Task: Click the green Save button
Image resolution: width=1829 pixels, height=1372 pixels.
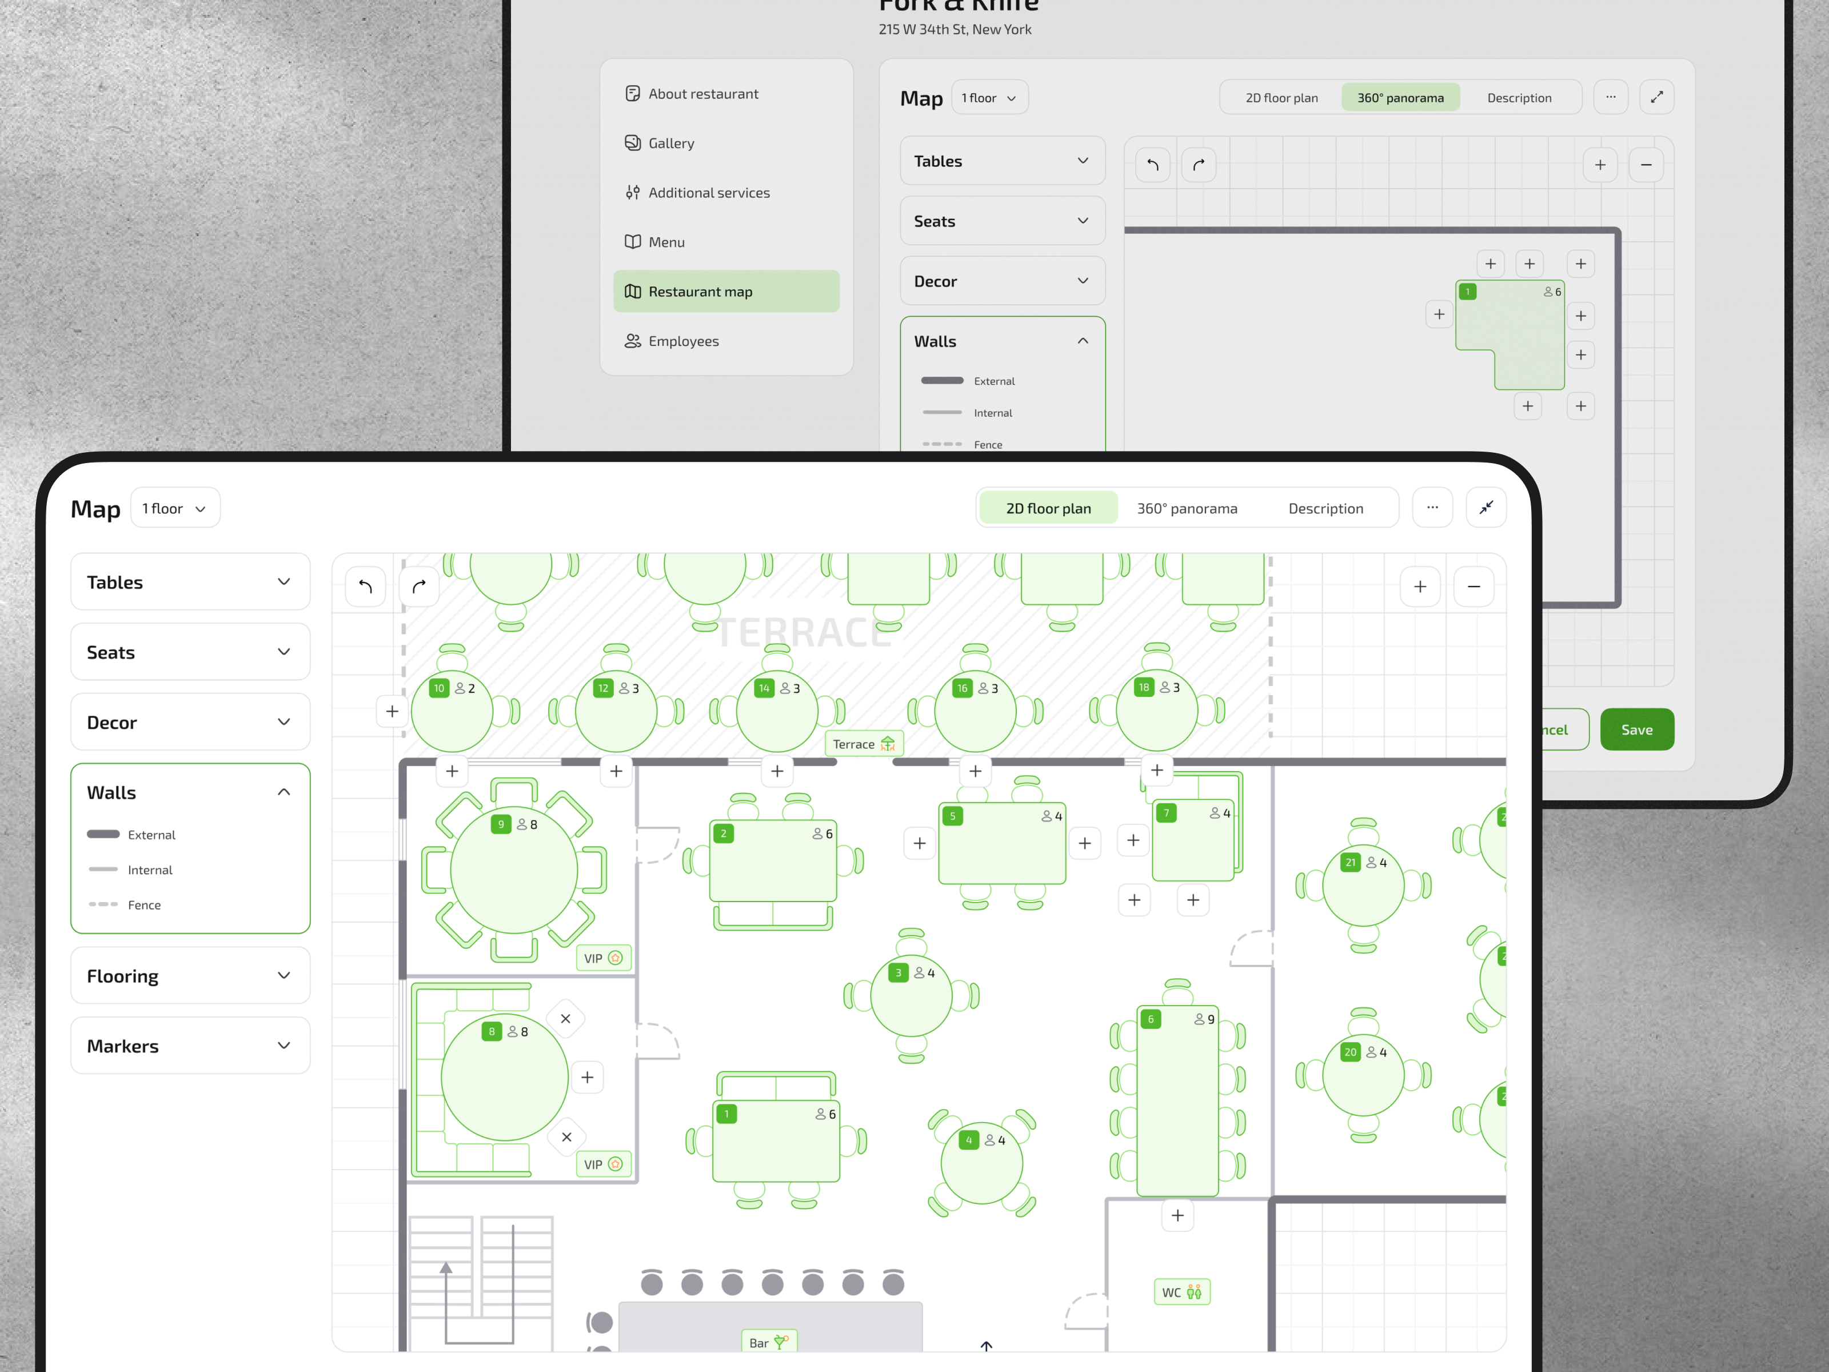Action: [x=1636, y=729]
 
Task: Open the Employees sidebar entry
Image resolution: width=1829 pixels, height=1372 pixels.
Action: [x=683, y=341]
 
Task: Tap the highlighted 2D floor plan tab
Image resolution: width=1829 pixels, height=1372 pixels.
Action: [x=1048, y=508]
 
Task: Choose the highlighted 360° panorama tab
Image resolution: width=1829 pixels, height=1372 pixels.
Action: [x=1400, y=98]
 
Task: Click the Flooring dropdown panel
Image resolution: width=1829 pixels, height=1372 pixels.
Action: [x=190, y=976]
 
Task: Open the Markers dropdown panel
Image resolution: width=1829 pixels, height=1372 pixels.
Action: [x=190, y=1046]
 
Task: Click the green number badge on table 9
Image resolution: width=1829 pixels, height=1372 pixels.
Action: [x=500, y=824]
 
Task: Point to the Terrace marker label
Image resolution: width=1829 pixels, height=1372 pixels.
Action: [x=863, y=744]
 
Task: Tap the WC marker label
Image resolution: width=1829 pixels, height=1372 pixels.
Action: [x=1181, y=1292]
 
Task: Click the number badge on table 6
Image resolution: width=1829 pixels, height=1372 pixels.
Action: [x=1150, y=1019]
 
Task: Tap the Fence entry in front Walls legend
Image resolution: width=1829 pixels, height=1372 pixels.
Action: [x=144, y=905]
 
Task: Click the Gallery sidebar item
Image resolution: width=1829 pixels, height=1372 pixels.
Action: [x=670, y=143]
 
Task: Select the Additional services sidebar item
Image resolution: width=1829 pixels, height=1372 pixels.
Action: [x=709, y=193]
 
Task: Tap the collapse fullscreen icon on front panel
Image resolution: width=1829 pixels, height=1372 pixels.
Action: [x=1486, y=507]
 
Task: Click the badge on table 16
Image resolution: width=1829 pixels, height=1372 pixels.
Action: [x=961, y=688]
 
